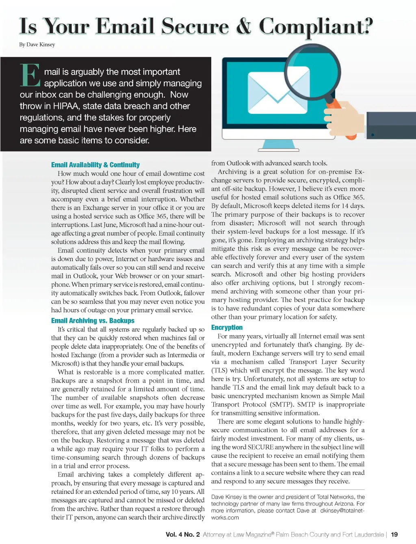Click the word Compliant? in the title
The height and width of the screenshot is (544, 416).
(x=316, y=27)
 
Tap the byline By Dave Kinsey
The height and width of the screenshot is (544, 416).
(x=37, y=45)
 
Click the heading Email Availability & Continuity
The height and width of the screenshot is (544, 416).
(x=95, y=165)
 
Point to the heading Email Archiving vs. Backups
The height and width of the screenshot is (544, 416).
(x=93, y=321)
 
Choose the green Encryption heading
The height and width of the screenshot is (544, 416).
(x=227, y=327)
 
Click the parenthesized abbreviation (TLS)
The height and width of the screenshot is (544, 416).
(x=219, y=371)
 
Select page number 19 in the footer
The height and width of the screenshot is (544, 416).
(x=394, y=535)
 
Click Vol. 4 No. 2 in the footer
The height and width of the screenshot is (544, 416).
(x=182, y=535)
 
